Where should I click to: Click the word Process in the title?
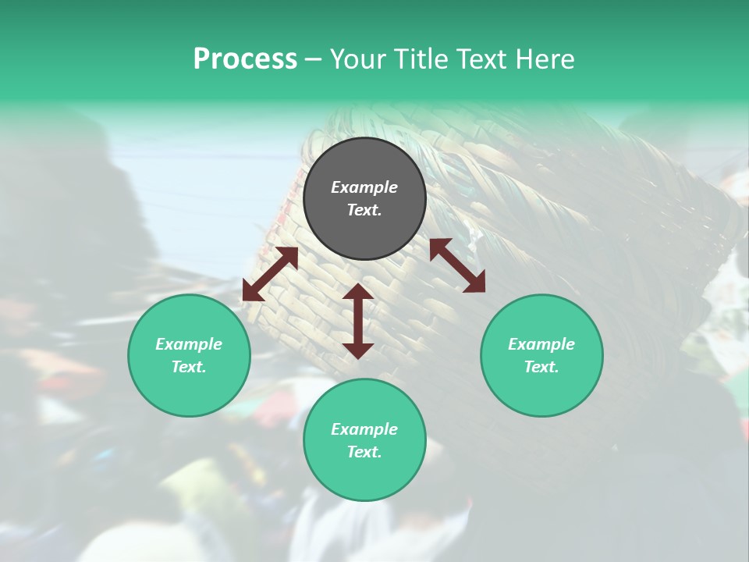pos(245,59)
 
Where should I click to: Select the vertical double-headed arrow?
pos(358,321)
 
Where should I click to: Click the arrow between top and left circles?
pos(270,274)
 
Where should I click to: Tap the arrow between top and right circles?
pos(457,265)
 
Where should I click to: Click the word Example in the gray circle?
pos(364,187)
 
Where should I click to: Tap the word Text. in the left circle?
pos(189,367)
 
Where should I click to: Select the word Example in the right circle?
pos(541,344)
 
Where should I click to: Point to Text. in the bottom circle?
pos(364,452)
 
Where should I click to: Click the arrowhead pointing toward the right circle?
pos(475,283)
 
